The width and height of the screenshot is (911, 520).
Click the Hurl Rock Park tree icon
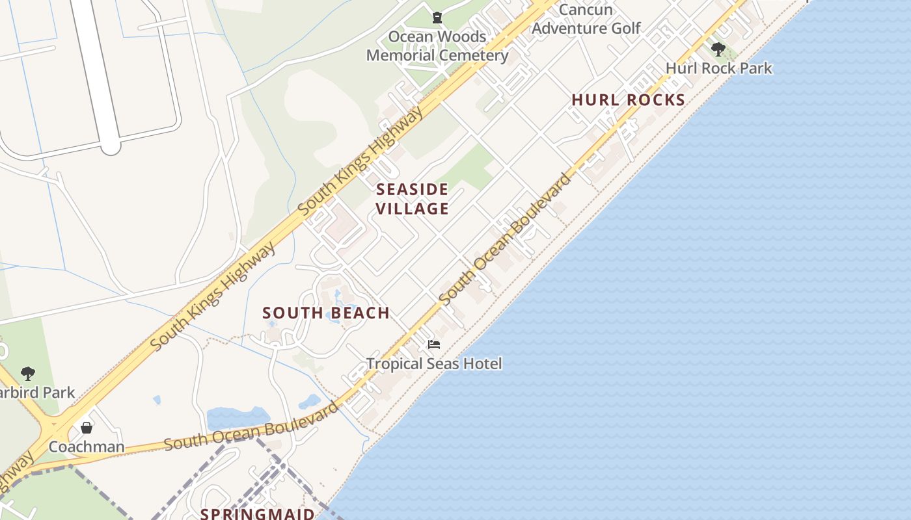pos(718,49)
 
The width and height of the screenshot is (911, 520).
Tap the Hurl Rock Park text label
pos(718,68)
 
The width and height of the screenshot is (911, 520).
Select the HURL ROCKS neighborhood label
pos(628,99)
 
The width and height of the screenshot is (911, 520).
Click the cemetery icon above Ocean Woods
pos(437,18)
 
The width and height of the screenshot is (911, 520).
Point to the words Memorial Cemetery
pos(437,55)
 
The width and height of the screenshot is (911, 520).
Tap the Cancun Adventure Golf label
pos(586,19)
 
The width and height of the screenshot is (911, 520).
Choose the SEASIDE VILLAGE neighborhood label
pos(413,199)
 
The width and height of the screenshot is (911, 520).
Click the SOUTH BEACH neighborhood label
pos(326,313)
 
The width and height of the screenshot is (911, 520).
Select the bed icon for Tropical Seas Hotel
pos(434,344)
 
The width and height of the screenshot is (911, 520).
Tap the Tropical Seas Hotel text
pos(434,363)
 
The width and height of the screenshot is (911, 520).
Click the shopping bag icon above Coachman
pos(86,427)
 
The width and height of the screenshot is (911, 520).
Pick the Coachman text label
pos(86,447)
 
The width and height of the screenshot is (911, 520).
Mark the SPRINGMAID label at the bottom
pos(258,513)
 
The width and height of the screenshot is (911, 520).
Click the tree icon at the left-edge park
pos(27,373)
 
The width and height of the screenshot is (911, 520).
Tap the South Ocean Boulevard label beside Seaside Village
pos(505,238)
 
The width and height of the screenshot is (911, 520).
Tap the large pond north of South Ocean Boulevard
pos(238,417)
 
